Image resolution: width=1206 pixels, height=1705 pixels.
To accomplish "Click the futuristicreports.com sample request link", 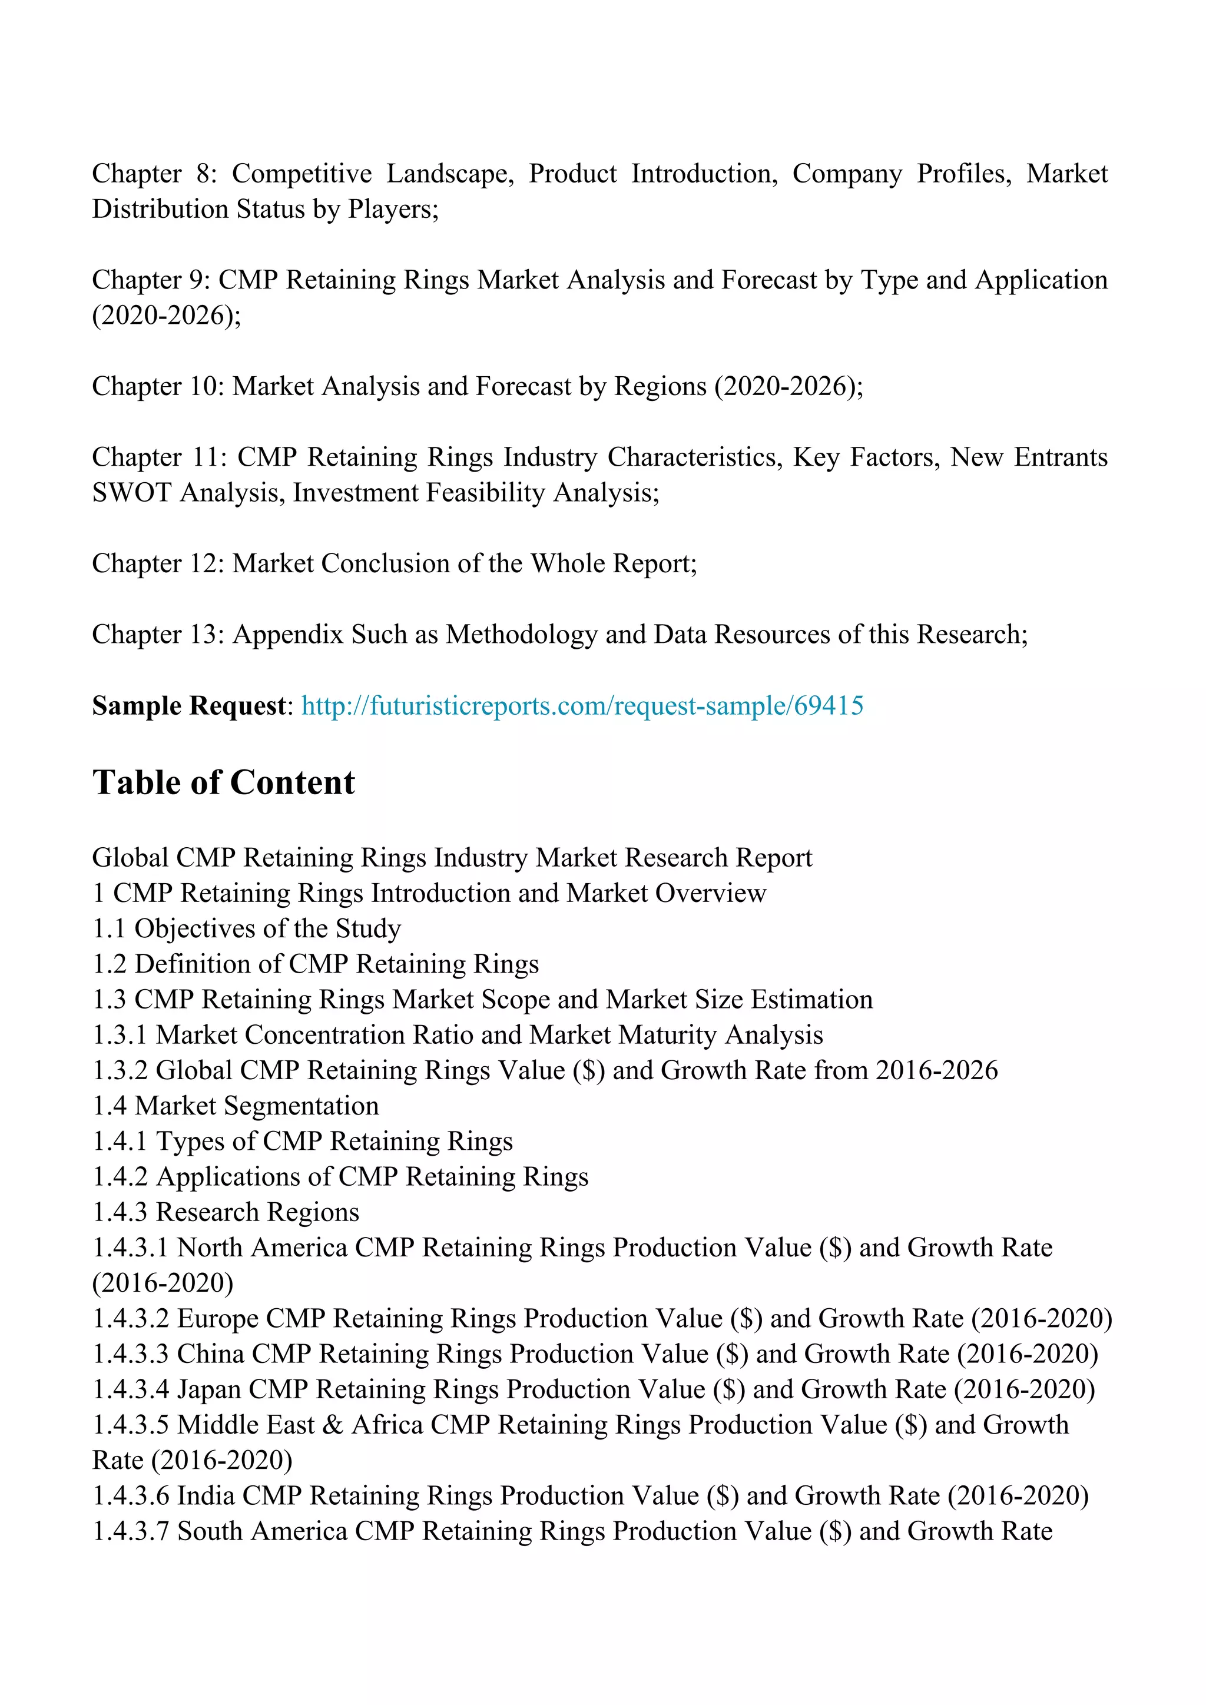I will pyautogui.click(x=582, y=705).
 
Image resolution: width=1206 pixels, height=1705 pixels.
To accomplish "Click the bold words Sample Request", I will pyautogui.click(x=188, y=705).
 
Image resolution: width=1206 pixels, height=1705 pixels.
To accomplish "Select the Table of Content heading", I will pyautogui.click(x=224, y=782).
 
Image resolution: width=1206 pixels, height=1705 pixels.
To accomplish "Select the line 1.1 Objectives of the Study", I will pyautogui.click(x=247, y=928).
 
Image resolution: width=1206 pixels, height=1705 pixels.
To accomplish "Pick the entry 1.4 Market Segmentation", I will pyautogui.click(x=236, y=1106).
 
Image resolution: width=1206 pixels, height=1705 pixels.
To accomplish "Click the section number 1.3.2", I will pyautogui.click(x=120, y=1070).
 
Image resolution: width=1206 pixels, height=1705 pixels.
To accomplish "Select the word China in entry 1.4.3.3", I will pyautogui.click(x=210, y=1354).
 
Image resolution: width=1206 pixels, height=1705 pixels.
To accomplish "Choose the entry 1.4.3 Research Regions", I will pyautogui.click(x=226, y=1212).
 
